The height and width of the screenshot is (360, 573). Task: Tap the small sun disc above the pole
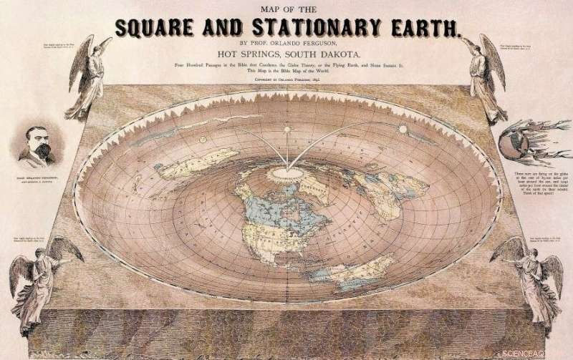pos(287,130)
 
